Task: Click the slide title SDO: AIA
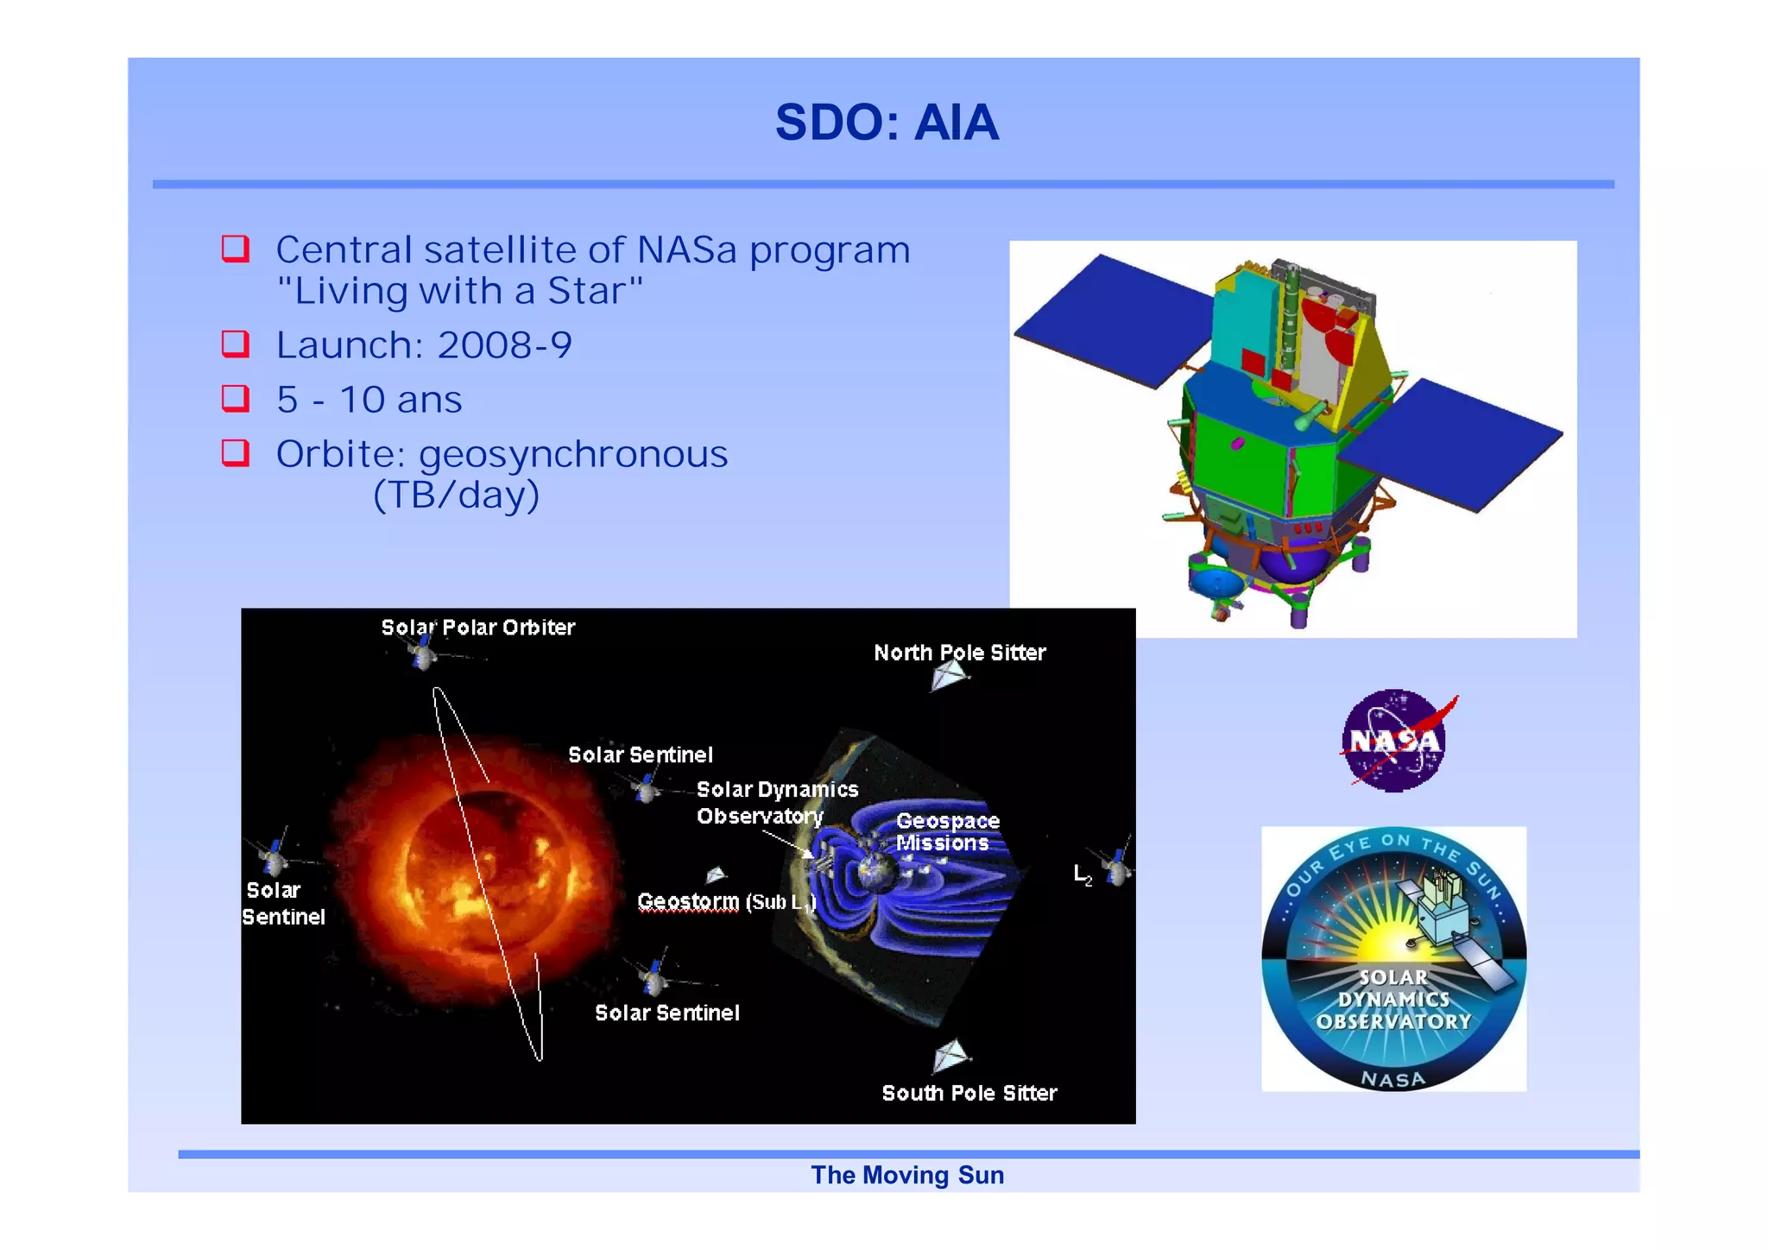tap(887, 123)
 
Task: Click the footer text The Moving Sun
tap(906, 1175)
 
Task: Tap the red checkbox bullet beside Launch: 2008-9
tap(235, 344)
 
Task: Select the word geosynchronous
tap(573, 454)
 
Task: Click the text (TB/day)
tap(456, 496)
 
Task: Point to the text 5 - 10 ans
tap(369, 400)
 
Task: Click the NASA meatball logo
tap(1393, 741)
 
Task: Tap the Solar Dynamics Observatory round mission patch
tap(1393, 959)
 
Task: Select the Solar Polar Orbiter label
tap(477, 628)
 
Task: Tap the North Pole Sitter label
tap(959, 653)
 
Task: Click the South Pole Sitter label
tap(969, 1093)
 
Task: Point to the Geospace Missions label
tap(946, 831)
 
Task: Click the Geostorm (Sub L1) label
tap(725, 902)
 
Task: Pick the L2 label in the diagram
tap(1082, 874)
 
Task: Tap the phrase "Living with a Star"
tap(459, 291)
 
